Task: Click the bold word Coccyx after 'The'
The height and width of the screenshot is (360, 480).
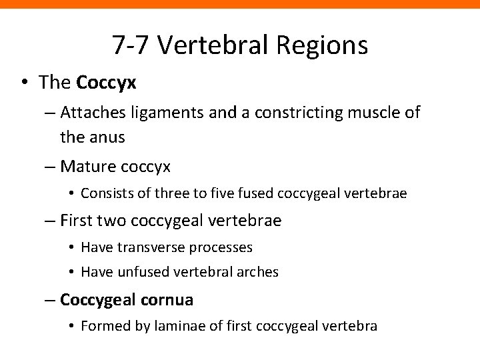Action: [x=107, y=83]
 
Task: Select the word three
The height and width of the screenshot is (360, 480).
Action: [x=164, y=194]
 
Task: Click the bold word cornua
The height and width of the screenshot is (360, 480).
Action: [x=167, y=300]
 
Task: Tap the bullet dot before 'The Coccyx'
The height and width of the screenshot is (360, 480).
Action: [x=24, y=83]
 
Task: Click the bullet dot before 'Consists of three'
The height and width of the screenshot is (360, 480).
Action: [x=71, y=194]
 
